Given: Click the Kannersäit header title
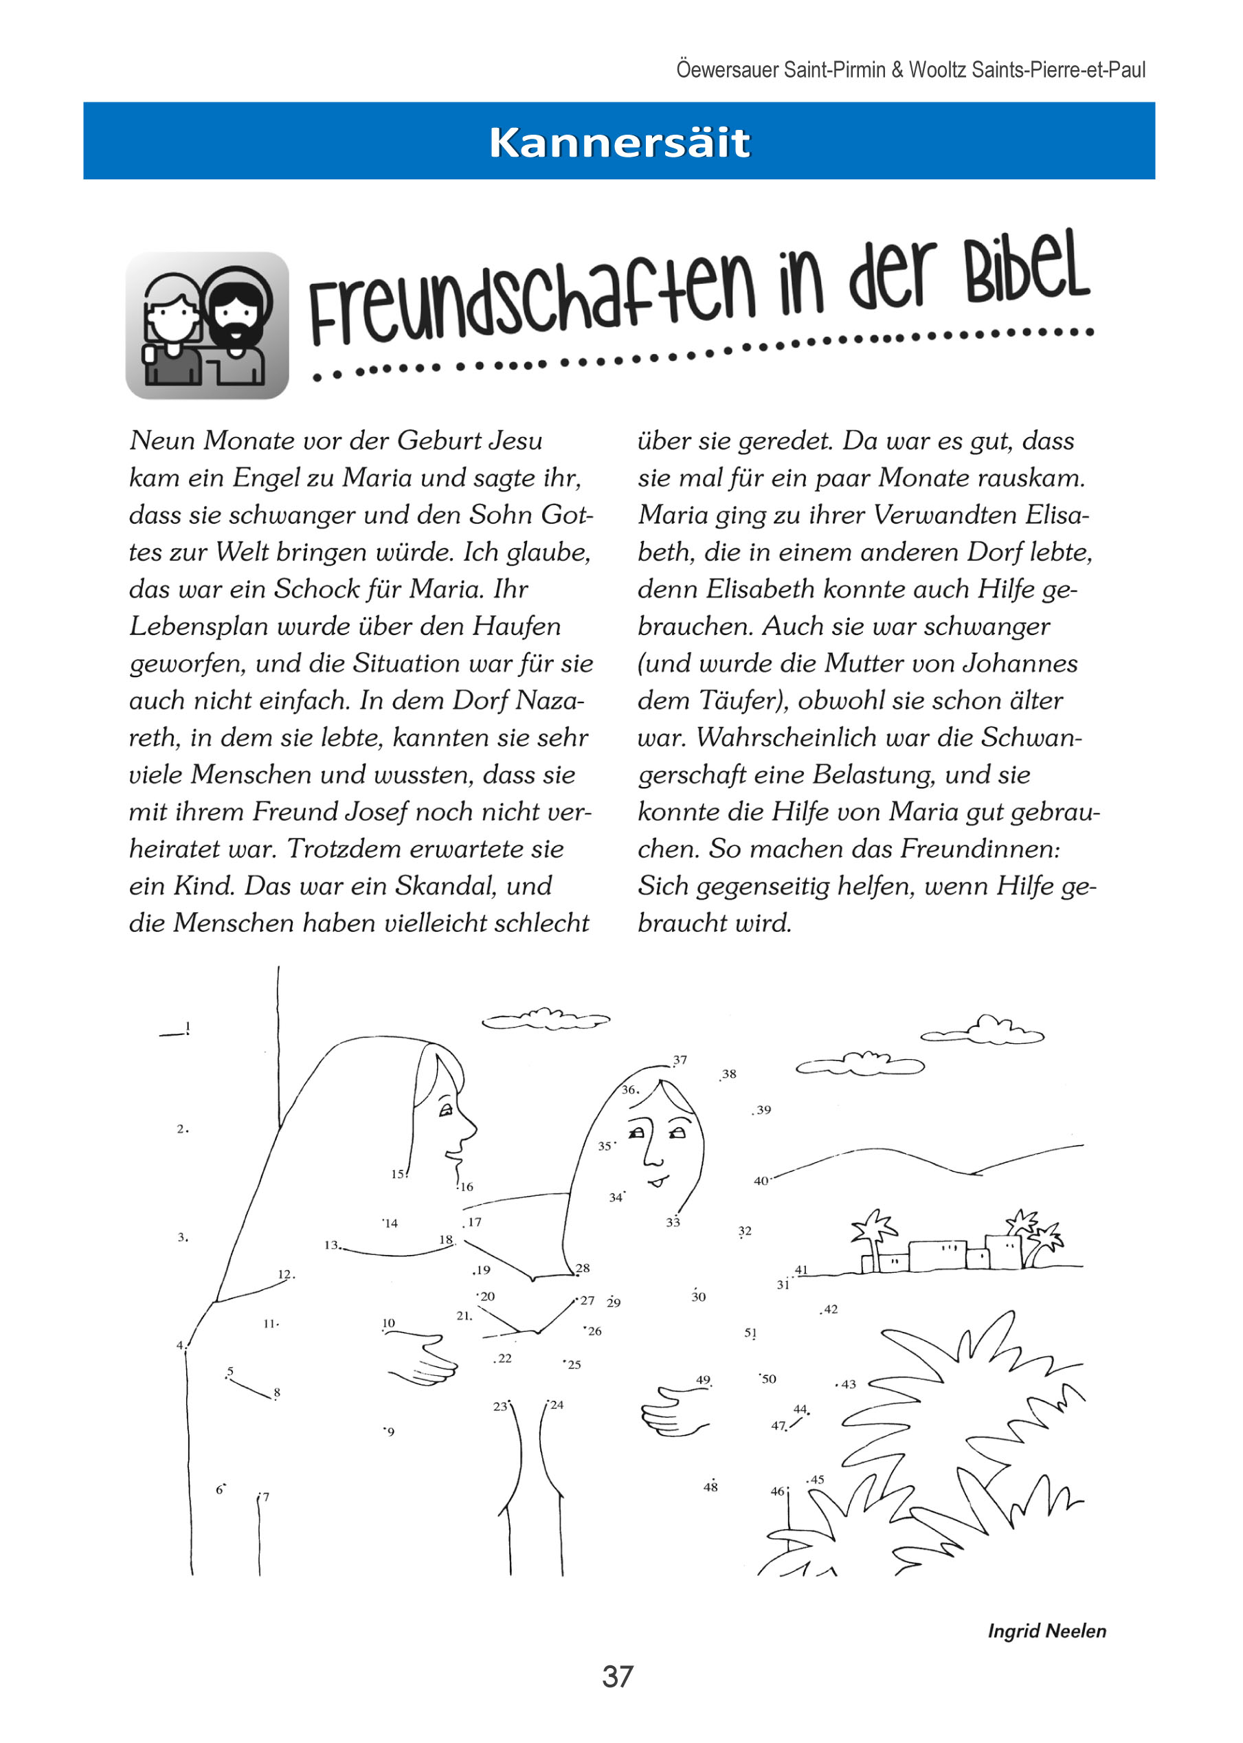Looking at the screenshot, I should [619, 142].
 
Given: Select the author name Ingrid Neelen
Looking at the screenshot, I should [1046, 1630].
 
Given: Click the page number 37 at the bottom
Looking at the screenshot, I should [617, 1676].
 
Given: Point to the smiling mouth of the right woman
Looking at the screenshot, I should [658, 1181].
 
